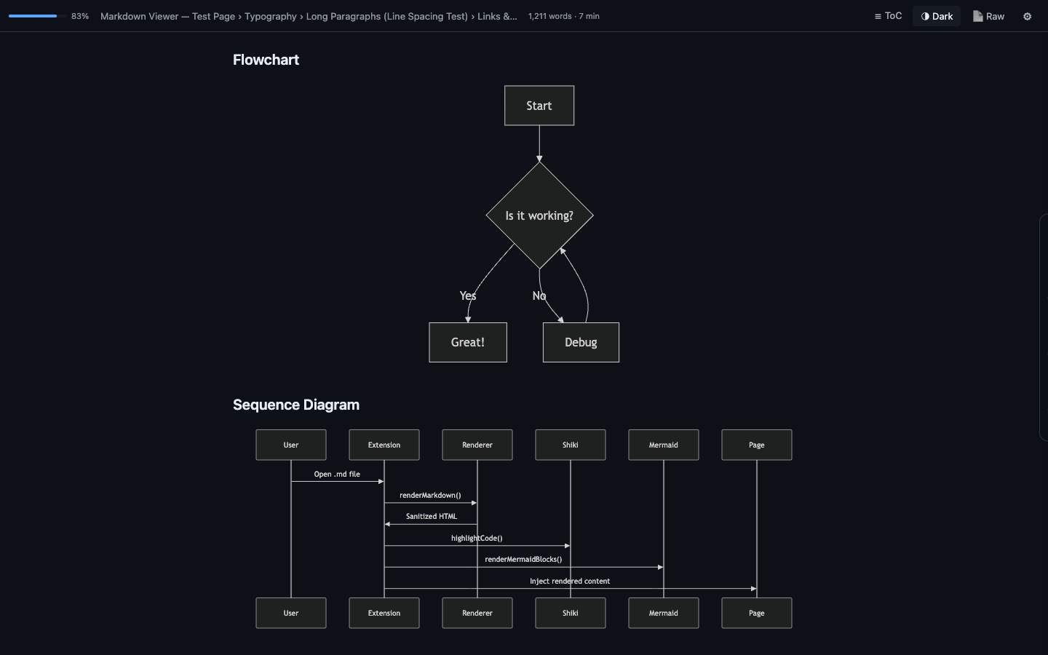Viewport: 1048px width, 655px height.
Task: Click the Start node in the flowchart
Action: (x=539, y=106)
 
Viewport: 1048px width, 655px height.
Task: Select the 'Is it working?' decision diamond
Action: (x=539, y=215)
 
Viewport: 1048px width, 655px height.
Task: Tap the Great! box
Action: (x=467, y=342)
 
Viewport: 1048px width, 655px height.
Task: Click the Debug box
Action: (x=581, y=342)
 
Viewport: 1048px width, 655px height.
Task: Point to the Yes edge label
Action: (x=468, y=295)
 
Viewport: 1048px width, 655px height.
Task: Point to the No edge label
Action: (x=539, y=295)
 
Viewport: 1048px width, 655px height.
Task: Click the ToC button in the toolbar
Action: (x=888, y=16)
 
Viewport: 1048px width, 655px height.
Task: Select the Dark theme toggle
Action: (x=937, y=16)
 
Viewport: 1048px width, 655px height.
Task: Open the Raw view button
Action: (x=988, y=16)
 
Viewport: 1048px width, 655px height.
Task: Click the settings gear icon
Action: (x=1027, y=16)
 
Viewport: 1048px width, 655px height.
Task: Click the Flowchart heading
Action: (x=266, y=60)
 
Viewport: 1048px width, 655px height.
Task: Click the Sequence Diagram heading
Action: (x=295, y=405)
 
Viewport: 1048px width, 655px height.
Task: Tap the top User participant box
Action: (x=290, y=445)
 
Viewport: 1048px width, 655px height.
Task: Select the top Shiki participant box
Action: (x=570, y=445)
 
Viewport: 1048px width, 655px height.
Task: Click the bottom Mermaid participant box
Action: (x=663, y=613)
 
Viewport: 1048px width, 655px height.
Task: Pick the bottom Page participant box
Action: (x=756, y=613)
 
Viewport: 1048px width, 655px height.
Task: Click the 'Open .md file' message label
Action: (x=337, y=474)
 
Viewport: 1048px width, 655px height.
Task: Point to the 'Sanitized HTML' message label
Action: (x=431, y=516)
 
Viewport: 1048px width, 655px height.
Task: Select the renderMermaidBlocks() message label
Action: (x=523, y=559)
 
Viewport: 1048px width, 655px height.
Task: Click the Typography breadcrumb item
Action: (x=270, y=16)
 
